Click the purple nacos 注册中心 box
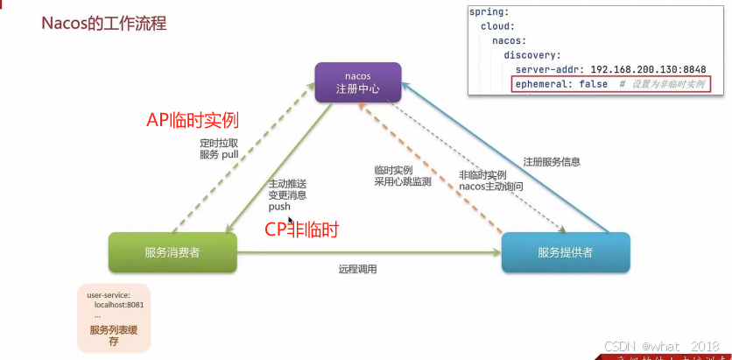[358, 81]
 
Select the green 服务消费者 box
[172, 252]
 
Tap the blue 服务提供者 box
[565, 252]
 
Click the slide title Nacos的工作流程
[103, 23]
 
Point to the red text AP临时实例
[193, 119]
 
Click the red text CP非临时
[301, 231]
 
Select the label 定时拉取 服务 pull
[219, 149]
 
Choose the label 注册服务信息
[552, 162]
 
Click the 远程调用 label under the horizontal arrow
[357, 269]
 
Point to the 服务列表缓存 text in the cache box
[113, 335]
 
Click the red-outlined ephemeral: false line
[610, 84]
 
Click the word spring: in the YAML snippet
[488, 12]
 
